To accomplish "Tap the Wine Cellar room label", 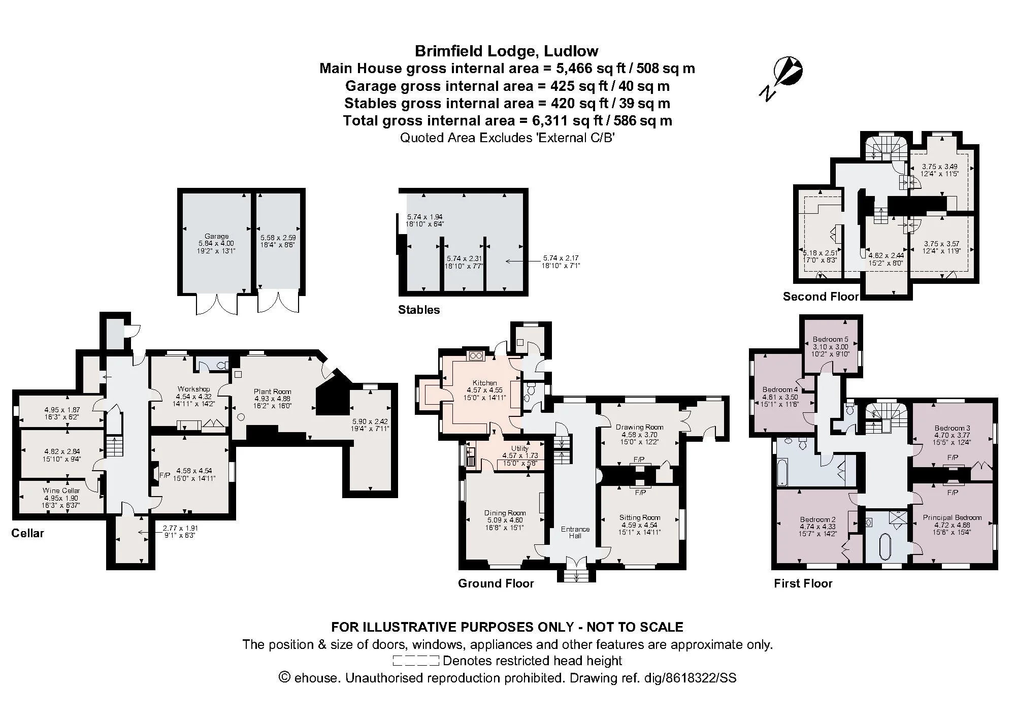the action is click(61, 491).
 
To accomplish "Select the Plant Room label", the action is click(273, 391).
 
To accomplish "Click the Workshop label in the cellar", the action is click(194, 389).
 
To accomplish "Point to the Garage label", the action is click(217, 236).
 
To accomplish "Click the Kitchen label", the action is click(485, 383).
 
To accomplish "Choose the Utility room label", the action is click(520, 448).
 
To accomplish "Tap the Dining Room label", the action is click(505, 513).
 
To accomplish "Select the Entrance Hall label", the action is click(575, 532).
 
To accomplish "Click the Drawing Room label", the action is click(640, 427).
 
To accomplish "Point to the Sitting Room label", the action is click(640, 517).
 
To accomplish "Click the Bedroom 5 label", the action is click(831, 339).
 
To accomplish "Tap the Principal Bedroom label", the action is click(953, 517).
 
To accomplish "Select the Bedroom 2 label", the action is click(818, 519).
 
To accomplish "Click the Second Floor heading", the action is click(821, 297).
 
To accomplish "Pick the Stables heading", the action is click(419, 310).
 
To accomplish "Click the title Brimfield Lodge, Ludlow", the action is click(507, 51).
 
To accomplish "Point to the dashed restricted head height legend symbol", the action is click(416, 661).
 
